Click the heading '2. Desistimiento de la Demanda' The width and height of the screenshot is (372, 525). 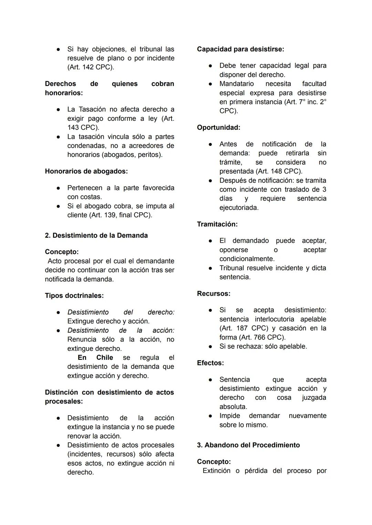[96, 235]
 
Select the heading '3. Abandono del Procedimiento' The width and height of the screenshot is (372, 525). [248, 445]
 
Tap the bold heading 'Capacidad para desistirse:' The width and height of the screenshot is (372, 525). [240, 49]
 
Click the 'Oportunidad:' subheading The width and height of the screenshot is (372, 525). [218, 127]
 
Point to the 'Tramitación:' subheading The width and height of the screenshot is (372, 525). [217, 224]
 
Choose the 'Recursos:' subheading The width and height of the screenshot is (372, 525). [214, 294]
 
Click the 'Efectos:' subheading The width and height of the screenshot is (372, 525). [210, 363]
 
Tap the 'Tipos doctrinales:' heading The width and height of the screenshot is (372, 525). [74, 295]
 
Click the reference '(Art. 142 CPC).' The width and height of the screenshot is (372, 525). [91, 67]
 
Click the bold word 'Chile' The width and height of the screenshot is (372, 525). [104, 357]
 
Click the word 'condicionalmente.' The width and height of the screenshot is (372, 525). [247, 259]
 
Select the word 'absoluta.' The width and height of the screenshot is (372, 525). [233, 407]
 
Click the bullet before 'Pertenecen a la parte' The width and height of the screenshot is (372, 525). [59, 188]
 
